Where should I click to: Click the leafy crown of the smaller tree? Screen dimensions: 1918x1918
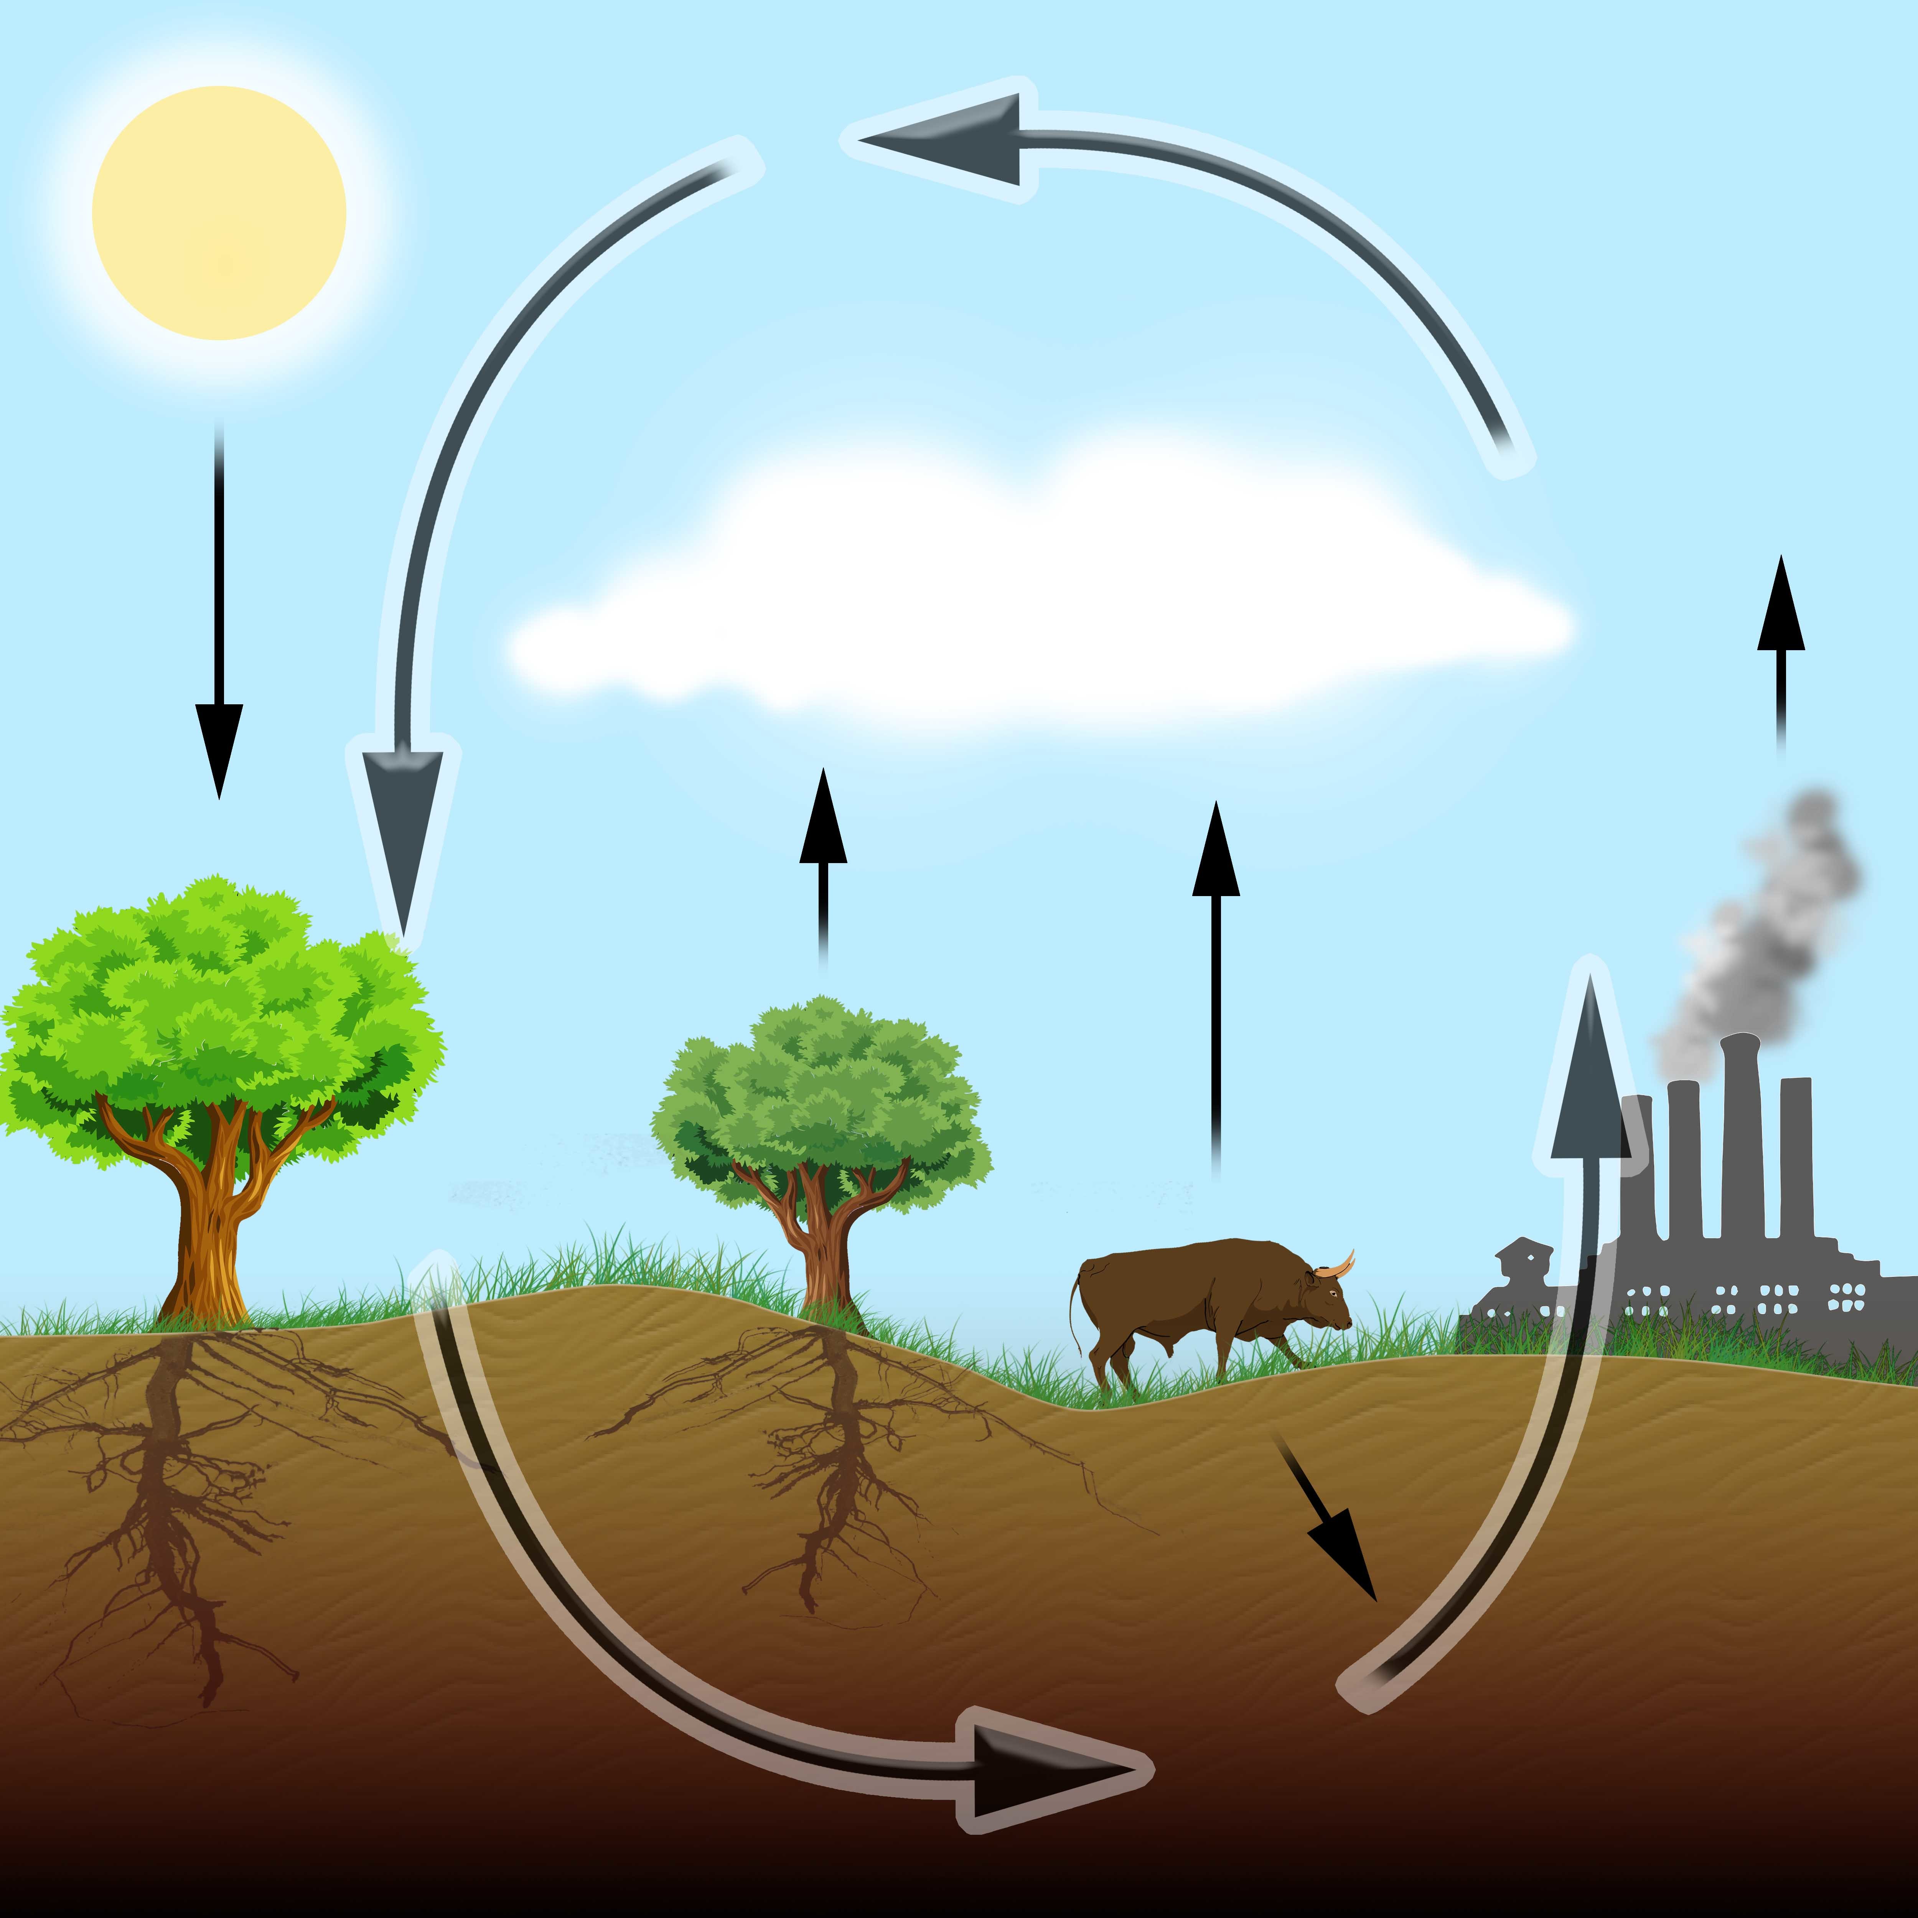click(x=821, y=1092)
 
